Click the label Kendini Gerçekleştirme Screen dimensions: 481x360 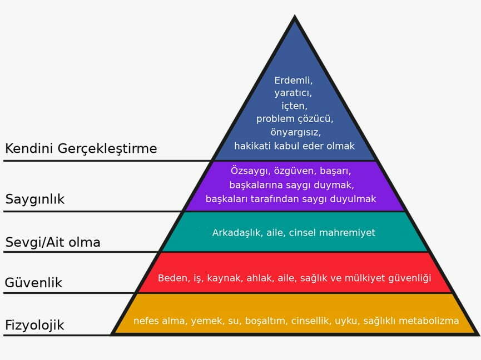pos(81,149)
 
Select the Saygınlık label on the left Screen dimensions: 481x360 pos(35,199)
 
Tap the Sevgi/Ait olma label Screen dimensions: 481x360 pos(53,242)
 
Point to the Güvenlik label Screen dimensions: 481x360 pos(34,282)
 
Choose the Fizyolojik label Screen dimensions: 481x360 pos(34,326)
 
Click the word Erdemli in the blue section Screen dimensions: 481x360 pos(293,81)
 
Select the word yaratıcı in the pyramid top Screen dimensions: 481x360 pos(293,93)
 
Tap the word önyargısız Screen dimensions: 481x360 pos(295,132)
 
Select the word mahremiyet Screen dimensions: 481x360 pos(347,233)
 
